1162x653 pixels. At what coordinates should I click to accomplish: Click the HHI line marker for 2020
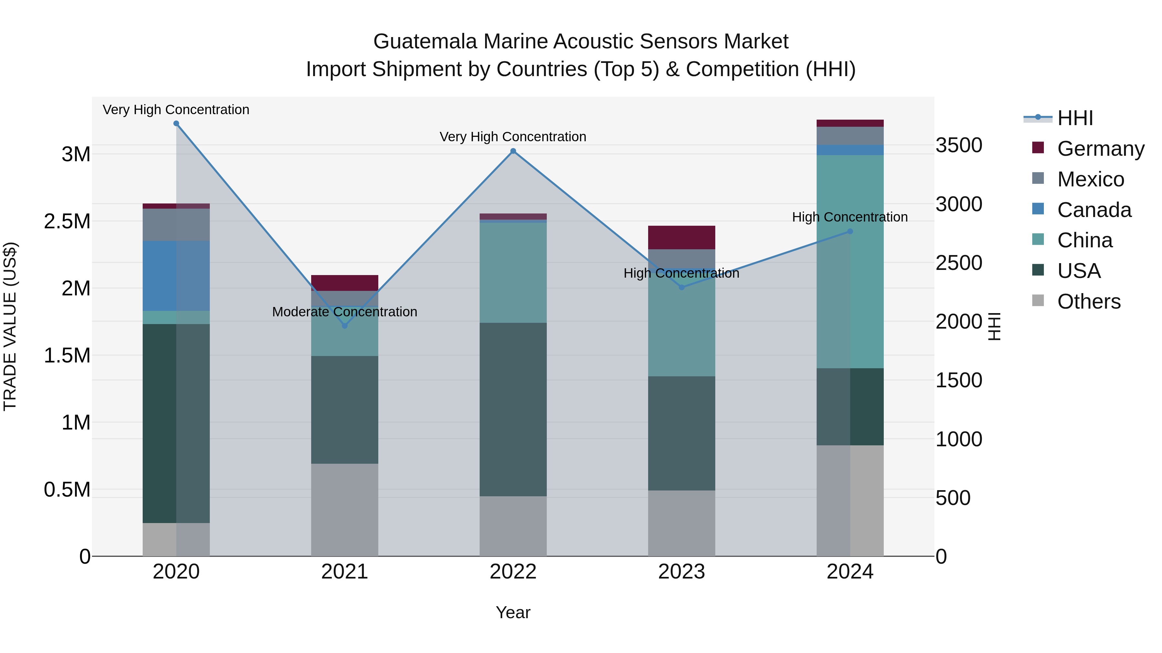point(176,124)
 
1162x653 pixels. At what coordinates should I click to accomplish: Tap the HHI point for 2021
point(345,325)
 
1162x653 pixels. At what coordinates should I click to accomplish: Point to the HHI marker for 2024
point(850,231)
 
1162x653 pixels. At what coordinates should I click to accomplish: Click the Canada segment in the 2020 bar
point(176,276)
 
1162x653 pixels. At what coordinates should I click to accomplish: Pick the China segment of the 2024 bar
point(850,262)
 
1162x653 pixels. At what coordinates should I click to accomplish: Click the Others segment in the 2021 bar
point(345,509)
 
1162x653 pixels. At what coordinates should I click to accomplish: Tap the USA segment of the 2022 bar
point(513,409)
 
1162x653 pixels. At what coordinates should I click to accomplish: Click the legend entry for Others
point(1088,302)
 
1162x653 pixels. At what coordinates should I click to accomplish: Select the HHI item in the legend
point(1075,118)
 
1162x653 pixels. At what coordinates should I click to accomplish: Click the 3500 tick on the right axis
point(959,145)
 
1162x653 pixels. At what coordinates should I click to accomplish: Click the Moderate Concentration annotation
point(345,312)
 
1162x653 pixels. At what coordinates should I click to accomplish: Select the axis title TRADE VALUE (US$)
point(10,326)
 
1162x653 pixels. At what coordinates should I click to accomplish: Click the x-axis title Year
point(513,612)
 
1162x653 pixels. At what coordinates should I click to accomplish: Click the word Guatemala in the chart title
point(424,42)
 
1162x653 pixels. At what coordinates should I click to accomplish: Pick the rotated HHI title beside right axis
point(994,326)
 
